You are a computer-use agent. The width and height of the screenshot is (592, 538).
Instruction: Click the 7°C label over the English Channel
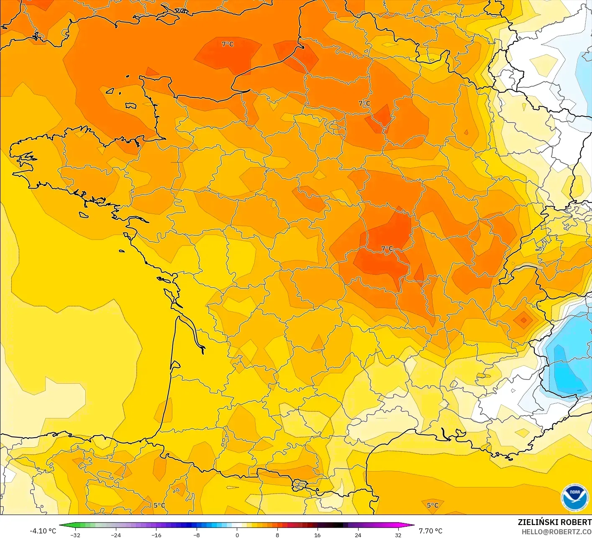click(228, 44)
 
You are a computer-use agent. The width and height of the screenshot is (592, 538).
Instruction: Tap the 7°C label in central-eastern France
click(387, 249)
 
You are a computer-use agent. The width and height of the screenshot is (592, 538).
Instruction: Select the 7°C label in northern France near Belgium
click(364, 103)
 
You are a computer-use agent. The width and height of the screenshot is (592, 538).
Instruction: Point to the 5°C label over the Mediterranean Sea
click(433, 505)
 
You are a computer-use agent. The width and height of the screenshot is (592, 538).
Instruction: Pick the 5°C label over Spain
click(159, 505)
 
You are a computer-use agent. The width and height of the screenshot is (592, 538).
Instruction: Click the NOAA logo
click(575, 498)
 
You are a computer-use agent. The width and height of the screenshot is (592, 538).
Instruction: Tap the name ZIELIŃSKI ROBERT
click(554, 522)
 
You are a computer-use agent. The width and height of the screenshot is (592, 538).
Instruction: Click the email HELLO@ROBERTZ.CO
click(556, 532)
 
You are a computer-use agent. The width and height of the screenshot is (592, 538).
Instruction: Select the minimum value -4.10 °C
click(43, 531)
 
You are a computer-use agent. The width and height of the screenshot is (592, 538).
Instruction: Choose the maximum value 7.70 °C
click(431, 531)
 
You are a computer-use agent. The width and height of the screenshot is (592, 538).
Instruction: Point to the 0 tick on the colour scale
click(237, 535)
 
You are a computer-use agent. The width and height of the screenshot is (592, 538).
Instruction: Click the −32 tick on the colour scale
click(75, 535)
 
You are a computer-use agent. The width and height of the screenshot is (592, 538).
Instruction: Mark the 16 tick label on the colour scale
click(318, 535)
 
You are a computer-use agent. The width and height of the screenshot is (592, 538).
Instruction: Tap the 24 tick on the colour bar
click(358, 535)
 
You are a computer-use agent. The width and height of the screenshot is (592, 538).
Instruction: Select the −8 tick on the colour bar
click(197, 535)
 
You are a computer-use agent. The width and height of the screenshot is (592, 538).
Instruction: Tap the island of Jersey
click(131, 106)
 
